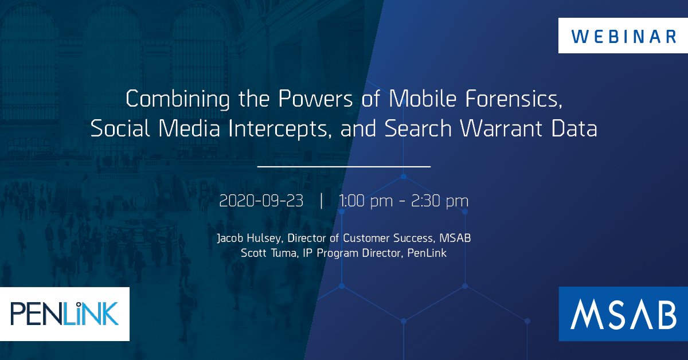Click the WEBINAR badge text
(x=623, y=36)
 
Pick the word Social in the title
(x=119, y=130)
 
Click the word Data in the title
(x=577, y=130)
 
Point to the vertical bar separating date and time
(x=322, y=202)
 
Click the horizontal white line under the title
(x=344, y=167)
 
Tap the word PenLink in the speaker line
(x=426, y=253)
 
